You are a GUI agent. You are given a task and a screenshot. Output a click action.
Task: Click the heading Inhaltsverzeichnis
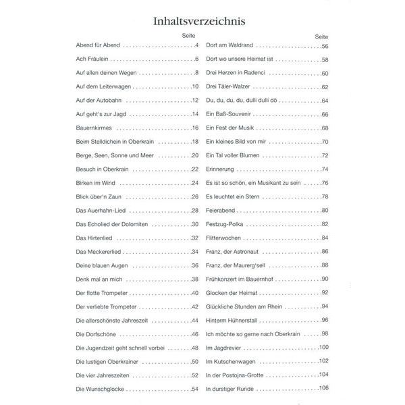tap(202, 11)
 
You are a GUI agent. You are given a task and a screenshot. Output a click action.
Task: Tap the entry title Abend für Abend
tap(98, 45)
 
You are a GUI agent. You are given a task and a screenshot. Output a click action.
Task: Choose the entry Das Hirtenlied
tap(93, 238)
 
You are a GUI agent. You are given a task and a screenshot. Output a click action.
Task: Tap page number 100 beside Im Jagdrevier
tap(323, 347)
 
